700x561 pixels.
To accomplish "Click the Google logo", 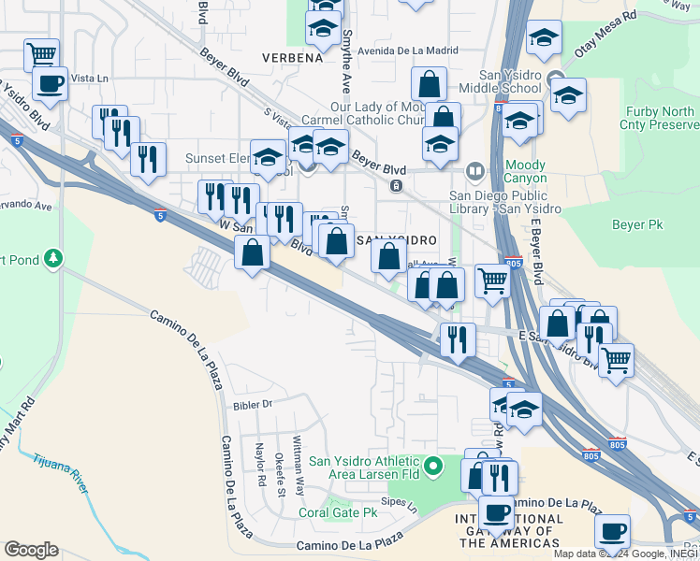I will [31, 550].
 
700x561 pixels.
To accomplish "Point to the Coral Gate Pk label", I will [337, 512].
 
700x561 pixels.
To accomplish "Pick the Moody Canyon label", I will [524, 172].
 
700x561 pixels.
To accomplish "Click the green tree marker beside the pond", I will [54, 257].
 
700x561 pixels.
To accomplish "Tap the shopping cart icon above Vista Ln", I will [41, 53].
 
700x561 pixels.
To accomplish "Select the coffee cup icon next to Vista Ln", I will [50, 83].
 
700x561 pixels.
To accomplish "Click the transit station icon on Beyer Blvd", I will [397, 186].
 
